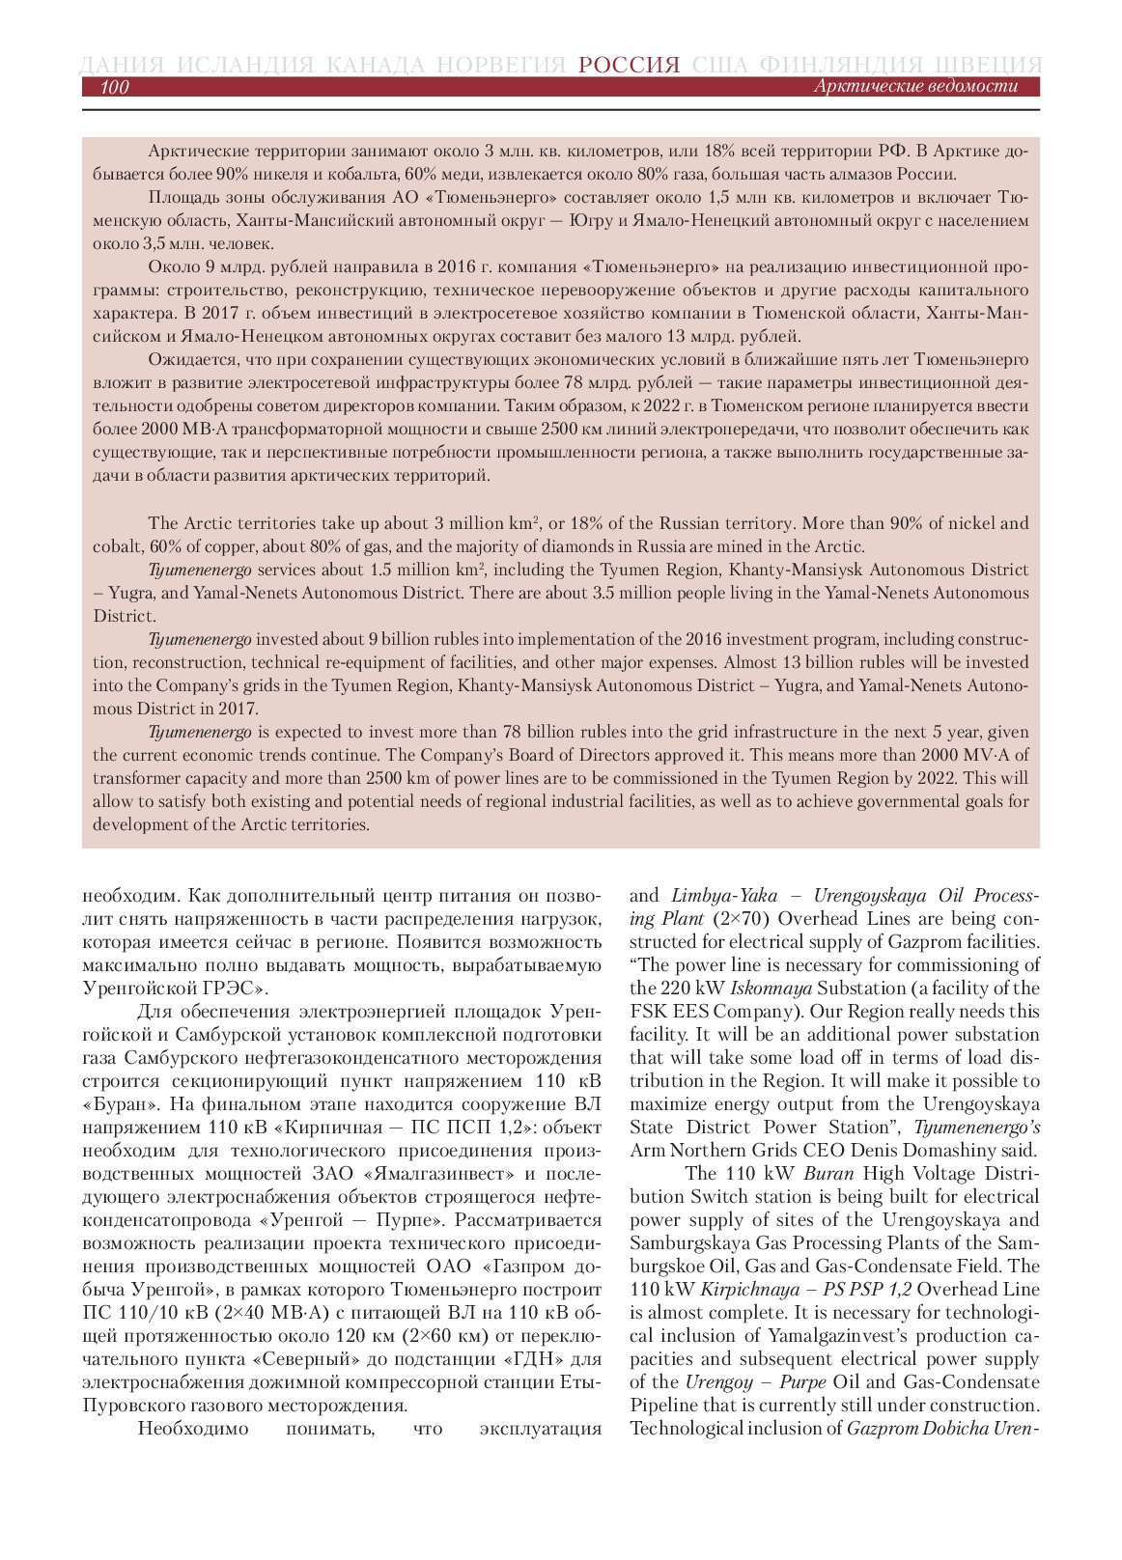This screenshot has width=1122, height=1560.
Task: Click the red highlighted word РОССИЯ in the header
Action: point(630,65)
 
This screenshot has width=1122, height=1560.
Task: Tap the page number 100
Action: point(114,87)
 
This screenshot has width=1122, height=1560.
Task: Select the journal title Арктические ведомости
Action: point(914,86)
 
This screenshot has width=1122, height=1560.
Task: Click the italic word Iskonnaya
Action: point(771,988)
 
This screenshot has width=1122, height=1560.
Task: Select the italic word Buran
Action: point(828,1173)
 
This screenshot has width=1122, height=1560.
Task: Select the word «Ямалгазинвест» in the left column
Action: point(439,1173)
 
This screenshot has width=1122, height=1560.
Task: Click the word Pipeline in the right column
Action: point(666,1405)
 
